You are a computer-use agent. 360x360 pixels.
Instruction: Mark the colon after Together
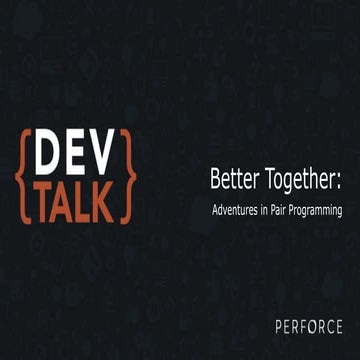pos(339,182)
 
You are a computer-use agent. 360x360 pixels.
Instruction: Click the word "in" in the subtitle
pos(268,211)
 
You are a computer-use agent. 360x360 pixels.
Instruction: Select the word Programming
pos(320,212)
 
